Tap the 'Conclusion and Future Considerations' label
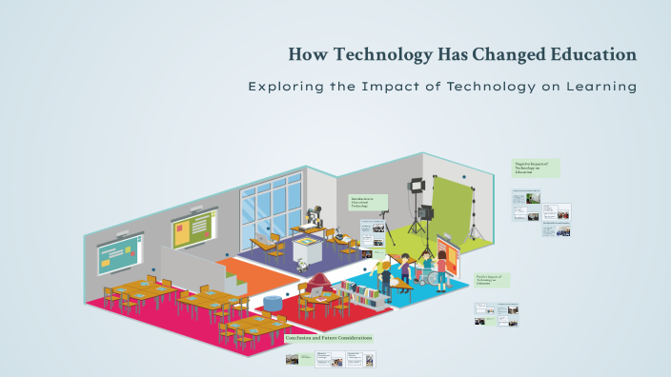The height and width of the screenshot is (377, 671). [x=328, y=337]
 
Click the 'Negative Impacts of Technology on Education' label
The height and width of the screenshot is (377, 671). [x=537, y=168]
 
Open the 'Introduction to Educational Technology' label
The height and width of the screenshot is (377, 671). [x=369, y=202]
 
